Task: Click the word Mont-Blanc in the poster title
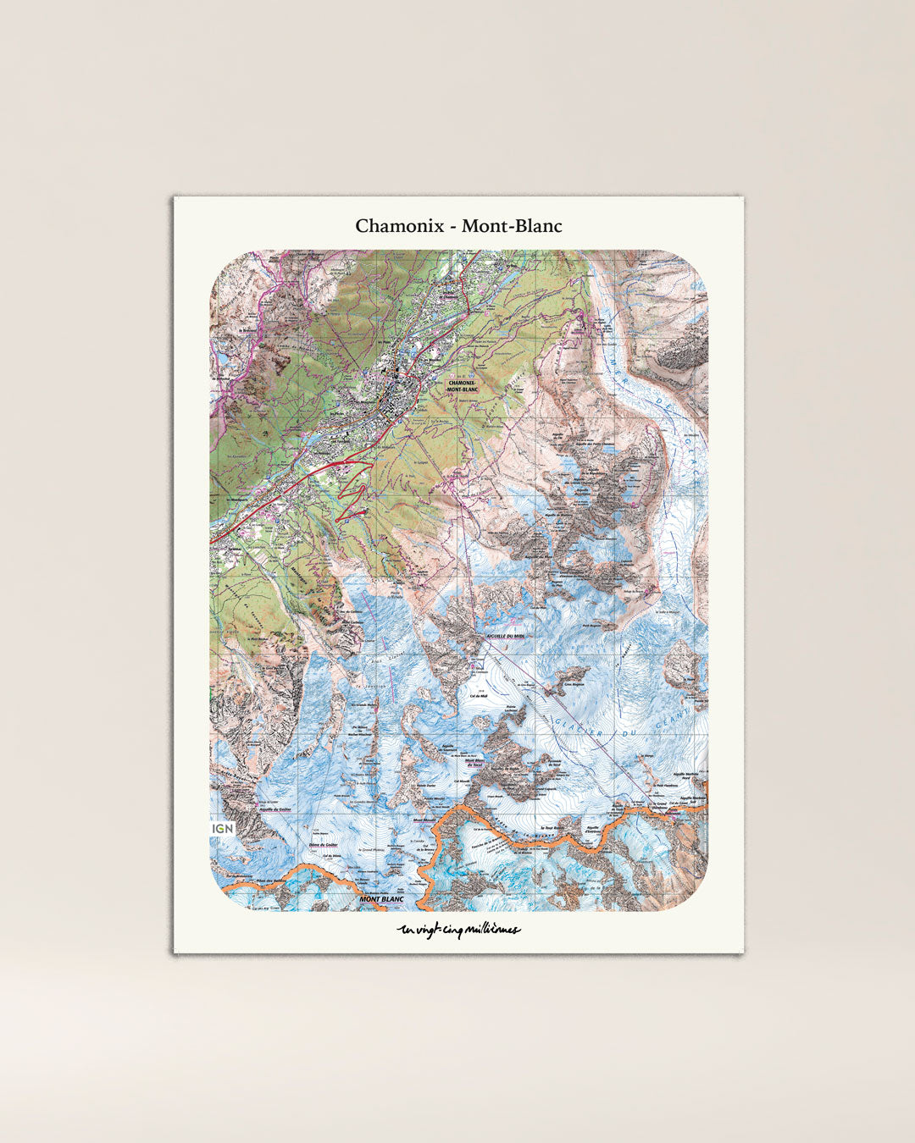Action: tap(512, 227)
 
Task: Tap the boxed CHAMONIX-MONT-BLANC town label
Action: tap(463, 386)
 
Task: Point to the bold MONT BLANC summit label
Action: tap(381, 899)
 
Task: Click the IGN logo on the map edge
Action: tap(223, 828)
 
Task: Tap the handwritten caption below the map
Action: tap(458, 930)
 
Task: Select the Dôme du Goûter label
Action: tap(324, 844)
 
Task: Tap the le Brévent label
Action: tap(247, 331)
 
